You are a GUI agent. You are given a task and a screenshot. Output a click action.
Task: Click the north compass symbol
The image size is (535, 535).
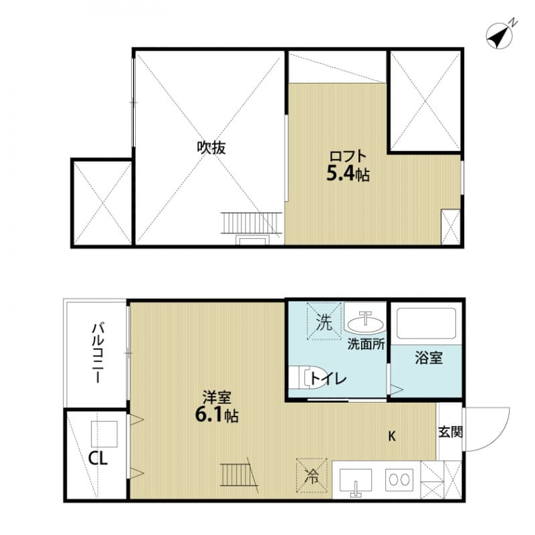click(499, 35)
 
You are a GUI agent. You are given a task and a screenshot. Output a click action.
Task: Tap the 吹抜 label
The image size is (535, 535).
click(211, 148)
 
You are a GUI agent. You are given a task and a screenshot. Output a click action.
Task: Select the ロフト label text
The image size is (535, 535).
click(348, 156)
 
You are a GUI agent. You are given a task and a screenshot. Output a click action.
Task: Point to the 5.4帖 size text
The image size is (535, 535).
click(348, 175)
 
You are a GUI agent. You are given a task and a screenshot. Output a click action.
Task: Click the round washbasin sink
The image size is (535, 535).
click(366, 322)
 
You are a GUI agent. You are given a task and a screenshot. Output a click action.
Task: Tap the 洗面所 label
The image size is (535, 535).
click(365, 345)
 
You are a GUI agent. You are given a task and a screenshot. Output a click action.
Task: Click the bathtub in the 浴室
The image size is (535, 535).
click(425, 324)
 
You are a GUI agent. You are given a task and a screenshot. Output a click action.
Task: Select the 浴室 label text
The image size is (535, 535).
click(428, 358)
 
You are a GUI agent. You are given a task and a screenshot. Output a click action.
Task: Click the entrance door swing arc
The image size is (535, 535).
click(495, 428)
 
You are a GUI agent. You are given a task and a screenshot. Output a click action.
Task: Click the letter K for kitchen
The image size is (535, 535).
click(393, 437)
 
